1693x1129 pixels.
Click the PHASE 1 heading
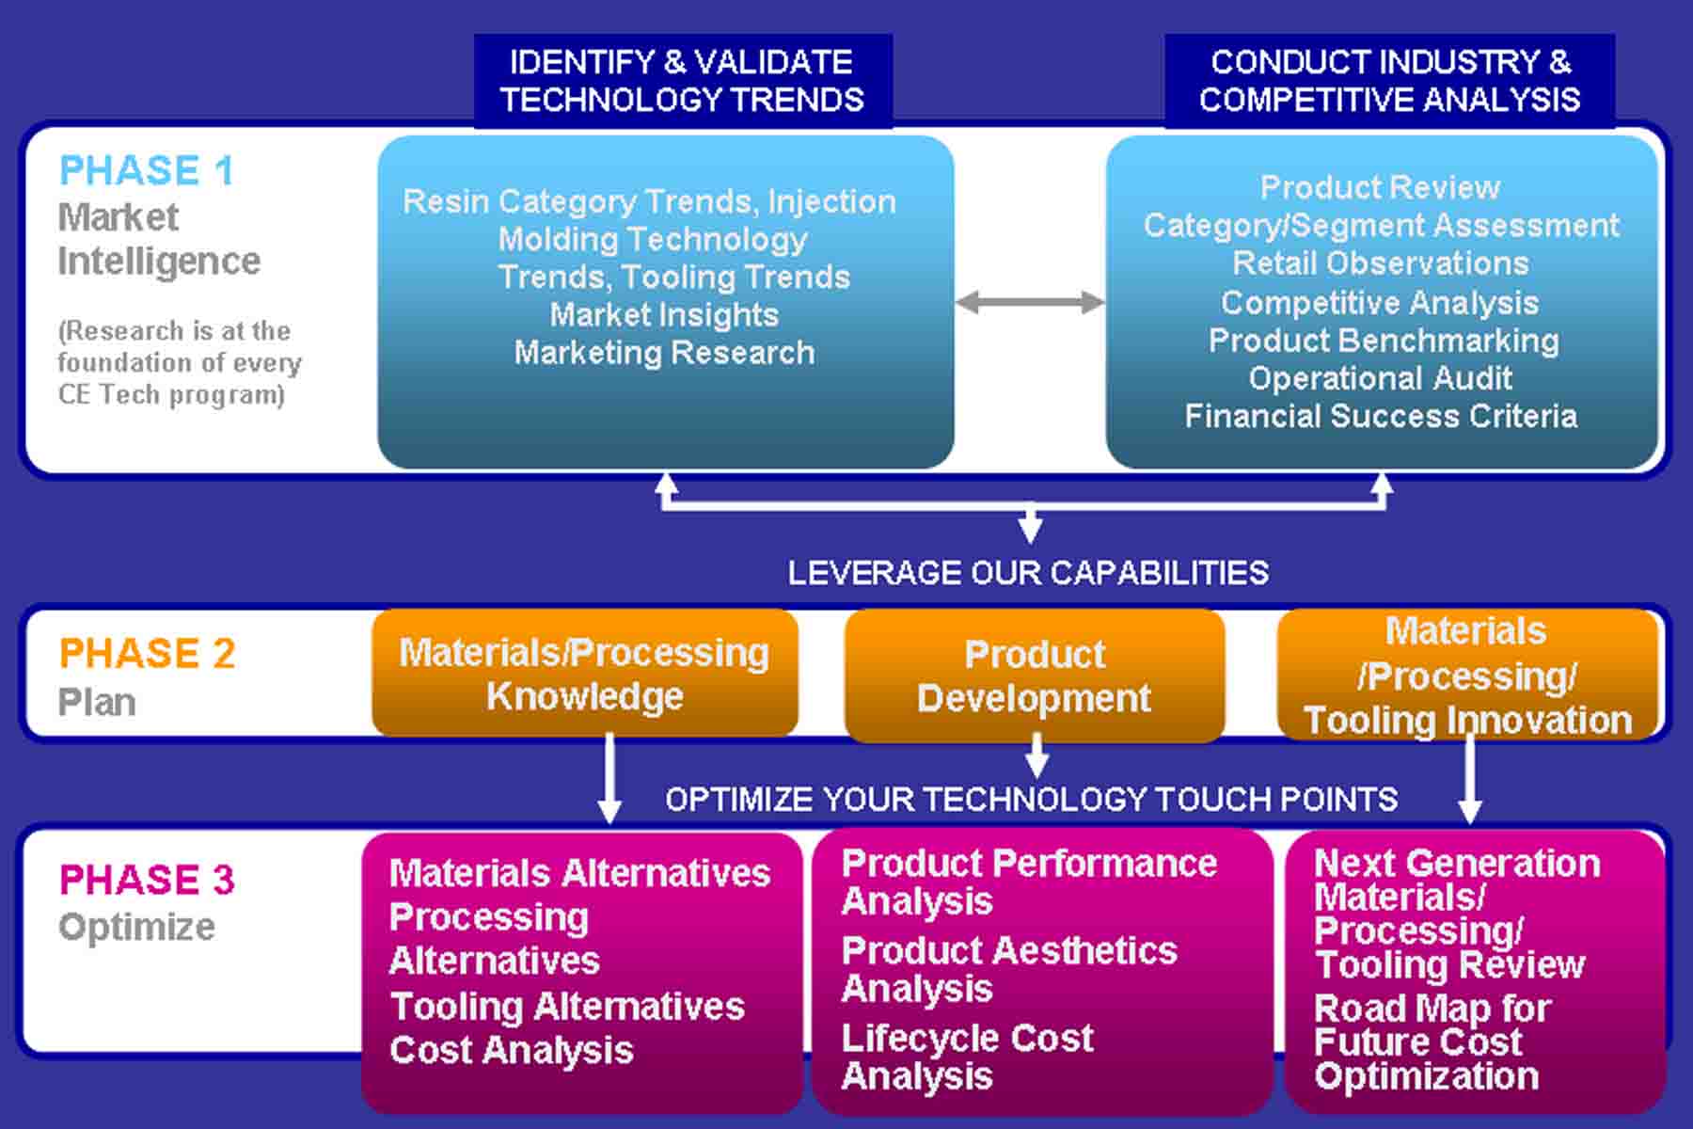[x=146, y=171]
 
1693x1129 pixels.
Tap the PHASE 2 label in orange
[x=147, y=653]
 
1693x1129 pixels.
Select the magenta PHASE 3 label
[x=147, y=880]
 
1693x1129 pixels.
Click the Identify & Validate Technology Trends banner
[x=683, y=81]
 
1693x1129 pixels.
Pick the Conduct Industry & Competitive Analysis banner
[x=1389, y=81]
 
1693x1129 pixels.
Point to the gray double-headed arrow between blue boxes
[x=1030, y=302]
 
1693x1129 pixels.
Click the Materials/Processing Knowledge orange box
[x=585, y=673]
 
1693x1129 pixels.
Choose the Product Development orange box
[x=1035, y=676]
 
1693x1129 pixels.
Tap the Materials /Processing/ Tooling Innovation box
[x=1467, y=674]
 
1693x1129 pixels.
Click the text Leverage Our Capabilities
[x=1028, y=573]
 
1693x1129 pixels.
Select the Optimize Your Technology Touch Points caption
[x=1031, y=800]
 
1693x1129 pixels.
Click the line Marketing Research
[x=664, y=353]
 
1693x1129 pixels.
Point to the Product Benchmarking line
[x=1384, y=341]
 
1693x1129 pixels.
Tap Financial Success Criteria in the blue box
[x=1381, y=416]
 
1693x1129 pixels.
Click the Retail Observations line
[x=1381, y=263]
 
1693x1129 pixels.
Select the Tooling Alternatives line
[x=567, y=1007]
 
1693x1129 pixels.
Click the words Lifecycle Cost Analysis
[x=967, y=1057]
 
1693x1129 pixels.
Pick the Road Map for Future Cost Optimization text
[x=1432, y=1042]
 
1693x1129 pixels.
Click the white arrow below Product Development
[x=1036, y=755]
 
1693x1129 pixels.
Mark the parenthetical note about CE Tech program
[x=180, y=362]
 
